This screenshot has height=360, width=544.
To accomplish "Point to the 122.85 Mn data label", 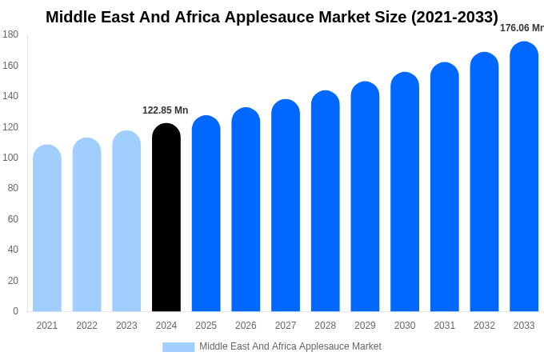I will pos(166,110).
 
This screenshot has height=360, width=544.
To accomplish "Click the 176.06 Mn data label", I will pos(522,28).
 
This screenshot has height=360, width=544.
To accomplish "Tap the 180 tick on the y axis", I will pos(10,34).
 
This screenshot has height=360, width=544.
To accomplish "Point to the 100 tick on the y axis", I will pos(10,158).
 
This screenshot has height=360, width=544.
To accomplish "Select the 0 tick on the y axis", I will pos(15,311).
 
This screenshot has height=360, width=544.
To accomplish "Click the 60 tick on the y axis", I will pos(13,219).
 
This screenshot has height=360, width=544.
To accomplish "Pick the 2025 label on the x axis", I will pos(206,326).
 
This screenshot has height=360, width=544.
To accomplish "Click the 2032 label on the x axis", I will pos(484,326).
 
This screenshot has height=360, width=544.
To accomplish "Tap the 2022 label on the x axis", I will pos(87,326).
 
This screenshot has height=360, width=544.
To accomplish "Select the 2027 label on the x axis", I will pos(286,326).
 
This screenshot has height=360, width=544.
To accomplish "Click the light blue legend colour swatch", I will pos(178,347).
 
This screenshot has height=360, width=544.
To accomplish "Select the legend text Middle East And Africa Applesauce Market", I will pos(290,346).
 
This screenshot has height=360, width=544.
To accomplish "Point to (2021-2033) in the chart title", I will pos(454,17).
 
